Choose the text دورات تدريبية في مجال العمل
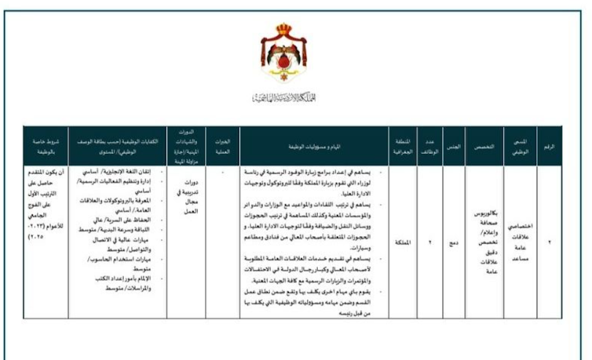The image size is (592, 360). click(184, 192)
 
